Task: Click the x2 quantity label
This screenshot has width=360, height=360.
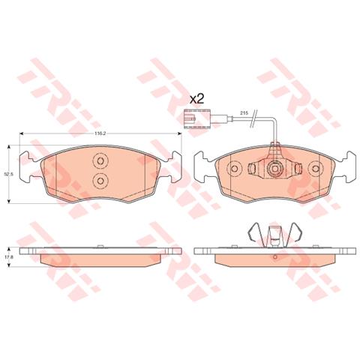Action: point(196,98)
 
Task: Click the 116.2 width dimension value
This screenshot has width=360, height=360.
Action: point(98,133)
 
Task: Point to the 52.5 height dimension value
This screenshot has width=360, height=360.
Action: point(9,174)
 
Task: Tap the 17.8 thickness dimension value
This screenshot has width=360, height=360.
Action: point(9,257)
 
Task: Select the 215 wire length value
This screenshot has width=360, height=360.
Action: point(243,112)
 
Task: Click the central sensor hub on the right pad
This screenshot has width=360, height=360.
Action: point(276,171)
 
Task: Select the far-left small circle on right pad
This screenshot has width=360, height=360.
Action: point(234,171)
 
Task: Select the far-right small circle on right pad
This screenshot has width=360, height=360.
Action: point(317,171)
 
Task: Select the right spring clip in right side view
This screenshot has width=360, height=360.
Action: point(293,233)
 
